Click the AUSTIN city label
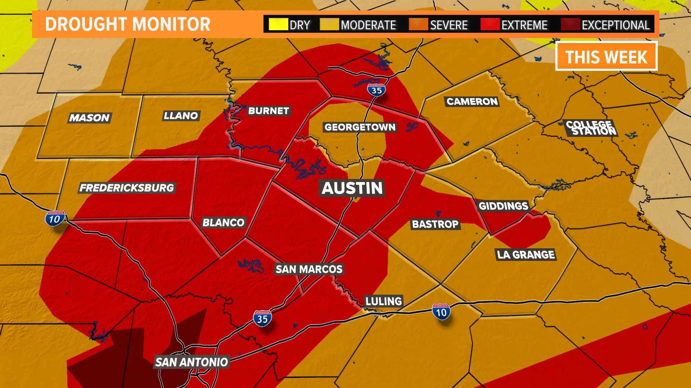352,188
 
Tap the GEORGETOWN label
360,127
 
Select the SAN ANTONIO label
192,362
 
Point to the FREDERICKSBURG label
127,188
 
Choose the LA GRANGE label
526,255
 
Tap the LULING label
384,301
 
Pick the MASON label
89,118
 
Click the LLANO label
181,116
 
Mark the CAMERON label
472,102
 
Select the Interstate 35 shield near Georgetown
376,90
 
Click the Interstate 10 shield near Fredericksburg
55,219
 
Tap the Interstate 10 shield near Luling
441,312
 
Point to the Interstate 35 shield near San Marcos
262,318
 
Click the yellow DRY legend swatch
278,25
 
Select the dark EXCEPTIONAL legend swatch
570,25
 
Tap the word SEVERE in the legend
449,25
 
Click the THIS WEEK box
606,56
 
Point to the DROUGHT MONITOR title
127,24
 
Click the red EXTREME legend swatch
490,25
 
